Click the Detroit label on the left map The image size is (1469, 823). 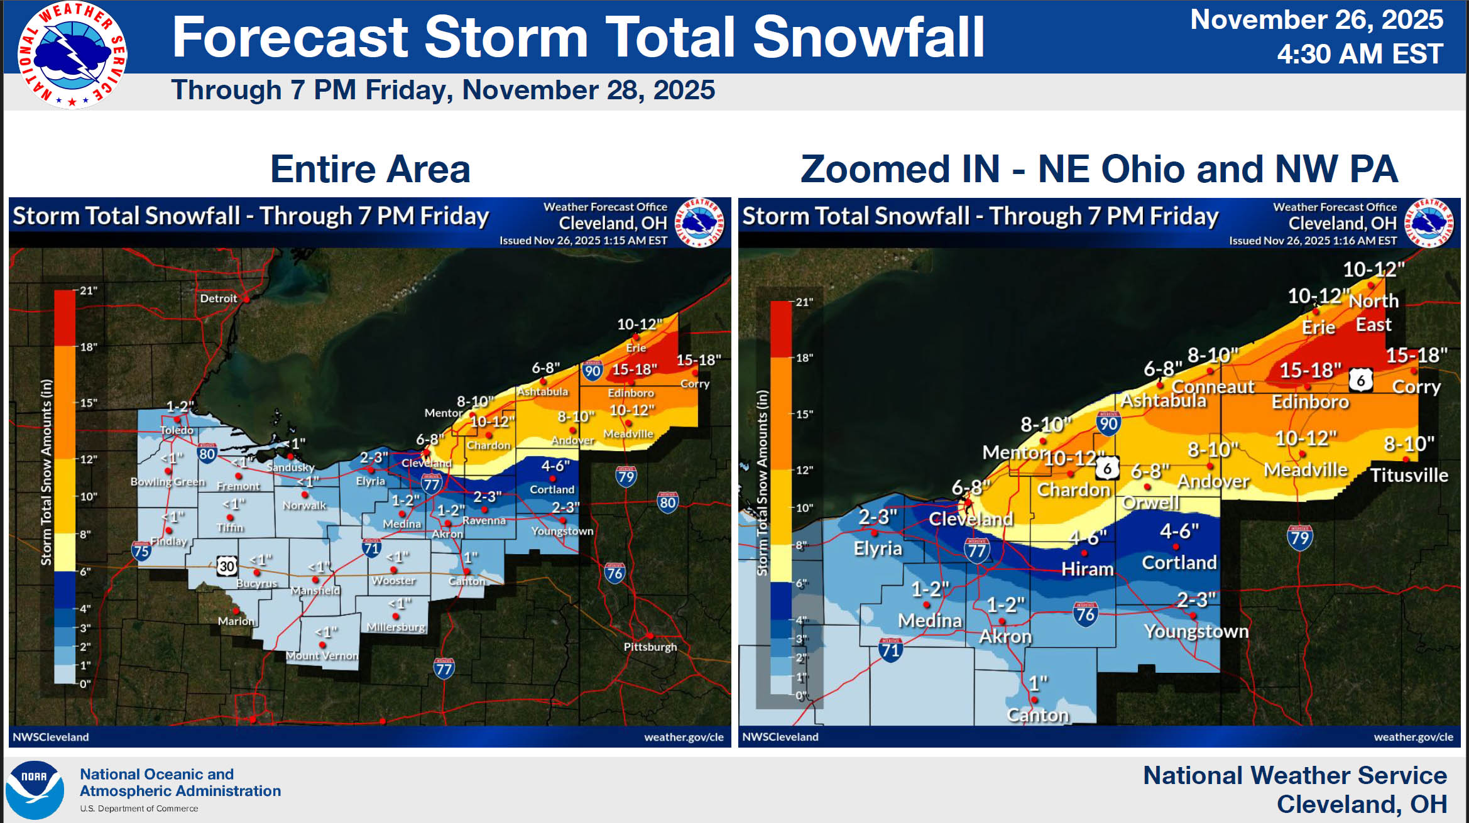coord(218,298)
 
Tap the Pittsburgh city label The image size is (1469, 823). coord(650,646)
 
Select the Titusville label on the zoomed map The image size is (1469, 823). coord(1409,475)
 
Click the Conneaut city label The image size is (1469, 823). coord(1212,386)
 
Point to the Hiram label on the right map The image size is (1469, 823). coord(1087,569)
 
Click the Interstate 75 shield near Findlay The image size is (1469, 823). coord(141,551)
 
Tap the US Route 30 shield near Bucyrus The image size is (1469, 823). coord(227,566)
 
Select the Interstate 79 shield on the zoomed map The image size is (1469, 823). coord(1299,538)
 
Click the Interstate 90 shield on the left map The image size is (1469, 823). coord(592,371)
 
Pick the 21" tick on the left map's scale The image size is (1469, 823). coord(88,291)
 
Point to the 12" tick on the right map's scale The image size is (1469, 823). coord(804,470)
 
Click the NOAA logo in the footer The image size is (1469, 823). coord(35,790)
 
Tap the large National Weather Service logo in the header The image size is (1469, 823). coord(72,55)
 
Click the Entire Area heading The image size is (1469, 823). coord(370,169)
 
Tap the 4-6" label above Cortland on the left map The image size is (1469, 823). coord(555,466)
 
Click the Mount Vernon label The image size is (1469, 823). coord(322,655)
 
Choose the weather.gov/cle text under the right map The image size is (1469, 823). coord(1413,737)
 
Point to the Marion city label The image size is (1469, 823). coord(236,621)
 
